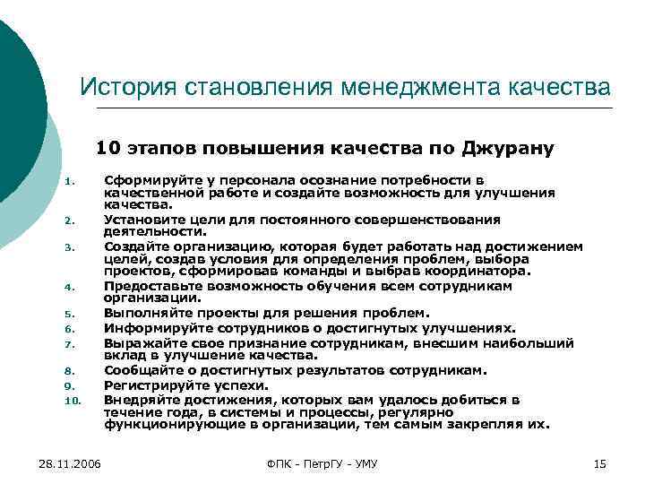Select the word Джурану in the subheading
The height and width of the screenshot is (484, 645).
click(x=509, y=147)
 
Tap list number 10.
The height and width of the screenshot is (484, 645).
click(x=73, y=400)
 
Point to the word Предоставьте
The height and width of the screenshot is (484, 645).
click(x=151, y=286)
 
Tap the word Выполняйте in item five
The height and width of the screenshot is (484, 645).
click(x=143, y=313)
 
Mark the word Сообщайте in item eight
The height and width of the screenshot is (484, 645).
click(x=142, y=369)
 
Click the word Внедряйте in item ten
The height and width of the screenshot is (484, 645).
click(x=141, y=399)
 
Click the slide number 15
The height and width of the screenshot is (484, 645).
click(x=600, y=463)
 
